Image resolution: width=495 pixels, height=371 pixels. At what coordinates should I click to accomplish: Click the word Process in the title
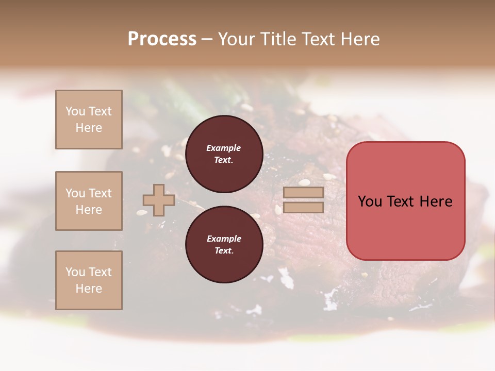pyautogui.click(x=162, y=39)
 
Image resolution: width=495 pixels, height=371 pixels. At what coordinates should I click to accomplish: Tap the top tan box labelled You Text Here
pyautogui.click(x=89, y=120)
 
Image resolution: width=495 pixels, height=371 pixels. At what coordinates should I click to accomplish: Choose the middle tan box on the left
pyautogui.click(x=89, y=201)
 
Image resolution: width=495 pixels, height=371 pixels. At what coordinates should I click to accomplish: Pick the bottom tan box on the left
pyautogui.click(x=89, y=280)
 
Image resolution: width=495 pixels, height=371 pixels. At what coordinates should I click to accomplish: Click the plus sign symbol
pyautogui.click(x=159, y=200)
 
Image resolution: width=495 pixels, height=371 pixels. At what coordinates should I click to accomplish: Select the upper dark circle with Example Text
pyautogui.click(x=224, y=154)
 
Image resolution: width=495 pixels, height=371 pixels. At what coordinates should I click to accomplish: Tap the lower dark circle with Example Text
pyautogui.click(x=224, y=244)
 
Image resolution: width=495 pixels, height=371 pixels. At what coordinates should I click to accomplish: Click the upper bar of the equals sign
pyautogui.click(x=303, y=193)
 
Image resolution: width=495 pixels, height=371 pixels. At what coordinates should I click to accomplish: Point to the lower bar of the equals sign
pyautogui.click(x=303, y=207)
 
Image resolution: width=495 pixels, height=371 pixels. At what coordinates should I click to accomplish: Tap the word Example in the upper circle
pyautogui.click(x=224, y=148)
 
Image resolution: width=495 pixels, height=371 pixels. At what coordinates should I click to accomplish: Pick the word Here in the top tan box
pyautogui.click(x=89, y=128)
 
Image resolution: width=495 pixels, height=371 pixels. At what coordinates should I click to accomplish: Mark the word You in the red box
pyautogui.click(x=370, y=201)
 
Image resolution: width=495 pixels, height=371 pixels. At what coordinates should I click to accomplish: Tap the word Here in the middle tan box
pyautogui.click(x=89, y=210)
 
